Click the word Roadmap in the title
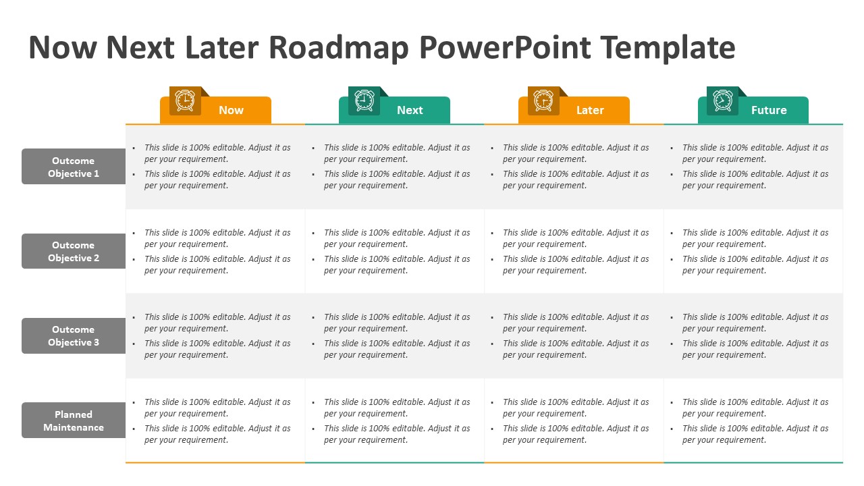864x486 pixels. click(339, 48)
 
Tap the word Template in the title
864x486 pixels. click(668, 48)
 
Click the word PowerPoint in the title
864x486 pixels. click(505, 48)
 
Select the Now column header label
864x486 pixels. click(231, 110)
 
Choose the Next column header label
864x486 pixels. click(410, 110)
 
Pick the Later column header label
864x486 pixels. click(590, 110)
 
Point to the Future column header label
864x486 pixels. click(769, 110)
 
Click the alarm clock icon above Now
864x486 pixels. click(185, 101)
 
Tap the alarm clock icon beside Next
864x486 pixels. click(364, 101)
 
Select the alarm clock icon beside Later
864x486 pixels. click(543, 101)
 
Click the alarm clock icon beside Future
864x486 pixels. click(722, 101)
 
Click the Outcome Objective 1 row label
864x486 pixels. click(74, 167)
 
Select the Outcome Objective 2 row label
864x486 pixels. click(74, 252)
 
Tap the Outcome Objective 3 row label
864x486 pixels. click(74, 336)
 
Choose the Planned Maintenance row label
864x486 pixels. click(74, 421)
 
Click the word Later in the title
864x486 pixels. click(222, 48)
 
